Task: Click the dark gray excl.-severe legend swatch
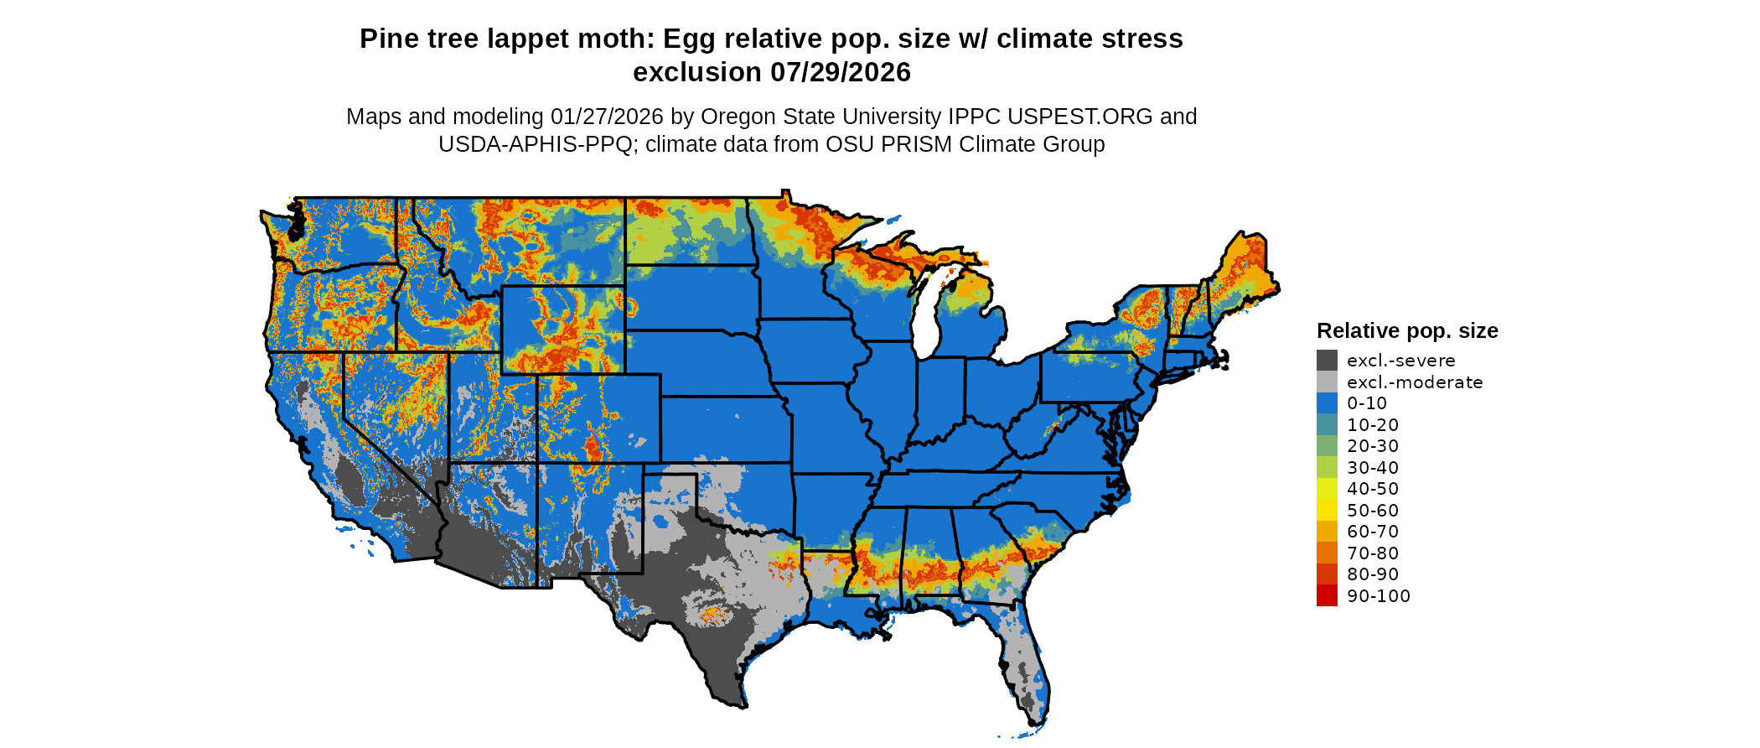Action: [1327, 361]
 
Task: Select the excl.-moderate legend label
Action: [1415, 382]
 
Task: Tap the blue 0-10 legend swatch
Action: [1327, 403]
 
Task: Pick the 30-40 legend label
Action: [1373, 468]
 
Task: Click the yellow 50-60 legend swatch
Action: [1327, 510]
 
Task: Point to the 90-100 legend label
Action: [1379, 596]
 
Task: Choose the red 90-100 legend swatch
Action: [1327, 595]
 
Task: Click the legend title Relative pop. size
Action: [1407, 331]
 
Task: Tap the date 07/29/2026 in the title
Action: [841, 73]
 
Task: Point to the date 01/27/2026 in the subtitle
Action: [606, 117]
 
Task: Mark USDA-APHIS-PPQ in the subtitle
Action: [535, 144]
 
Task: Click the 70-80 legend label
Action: [1373, 553]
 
